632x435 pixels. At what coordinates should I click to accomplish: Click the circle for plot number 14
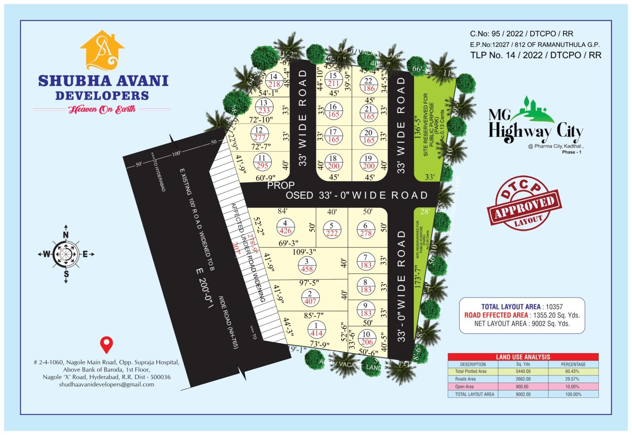click(x=274, y=80)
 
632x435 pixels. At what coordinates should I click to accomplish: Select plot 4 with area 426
click(x=285, y=227)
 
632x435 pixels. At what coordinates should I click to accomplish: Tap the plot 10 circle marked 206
click(x=366, y=338)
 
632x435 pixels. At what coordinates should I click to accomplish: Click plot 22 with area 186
click(x=369, y=85)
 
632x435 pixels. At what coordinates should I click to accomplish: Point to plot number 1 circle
click(x=316, y=329)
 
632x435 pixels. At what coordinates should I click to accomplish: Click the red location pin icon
click(x=107, y=345)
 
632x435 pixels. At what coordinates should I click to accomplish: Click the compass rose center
click(x=66, y=254)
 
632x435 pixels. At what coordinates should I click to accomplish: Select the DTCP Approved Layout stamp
click(x=524, y=202)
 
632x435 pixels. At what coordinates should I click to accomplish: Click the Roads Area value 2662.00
click(x=523, y=379)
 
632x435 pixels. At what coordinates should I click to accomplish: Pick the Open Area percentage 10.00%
click(x=573, y=386)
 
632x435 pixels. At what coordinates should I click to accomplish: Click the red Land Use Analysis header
click(x=523, y=357)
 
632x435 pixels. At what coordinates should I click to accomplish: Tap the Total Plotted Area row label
click(x=471, y=372)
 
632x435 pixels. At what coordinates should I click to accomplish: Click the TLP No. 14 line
click(x=535, y=55)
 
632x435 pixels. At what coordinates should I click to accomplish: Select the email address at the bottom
click(x=107, y=384)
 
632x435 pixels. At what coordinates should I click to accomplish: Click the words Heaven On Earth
click(x=102, y=109)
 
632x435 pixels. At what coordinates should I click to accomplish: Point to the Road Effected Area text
click(x=496, y=315)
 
